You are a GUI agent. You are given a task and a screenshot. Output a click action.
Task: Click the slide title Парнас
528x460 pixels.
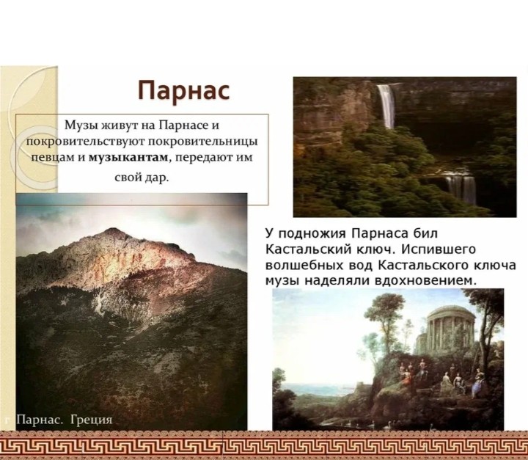point(184,91)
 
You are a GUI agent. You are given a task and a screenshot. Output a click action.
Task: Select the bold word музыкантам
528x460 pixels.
point(128,158)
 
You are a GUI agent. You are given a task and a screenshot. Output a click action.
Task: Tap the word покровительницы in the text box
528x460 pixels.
point(203,141)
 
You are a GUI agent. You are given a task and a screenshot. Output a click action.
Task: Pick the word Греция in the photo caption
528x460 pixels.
point(91,420)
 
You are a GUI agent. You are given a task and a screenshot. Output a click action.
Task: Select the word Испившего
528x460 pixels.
point(438,249)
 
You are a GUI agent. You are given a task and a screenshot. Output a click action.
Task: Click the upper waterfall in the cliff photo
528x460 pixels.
point(386,106)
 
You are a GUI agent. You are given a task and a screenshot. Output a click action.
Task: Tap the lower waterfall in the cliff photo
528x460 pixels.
point(461,189)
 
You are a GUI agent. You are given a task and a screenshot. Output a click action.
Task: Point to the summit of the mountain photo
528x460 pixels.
point(113,231)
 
